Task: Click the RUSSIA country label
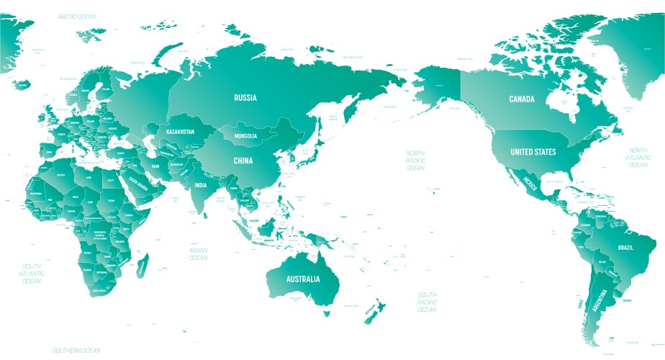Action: pyautogui.click(x=245, y=97)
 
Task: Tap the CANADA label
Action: pyautogui.click(x=522, y=99)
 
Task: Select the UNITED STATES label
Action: pyautogui.click(x=533, y=152)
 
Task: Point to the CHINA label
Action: pyautogui.click(x=242, y=161)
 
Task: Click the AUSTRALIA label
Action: pyautogui.click(x=303, y=279)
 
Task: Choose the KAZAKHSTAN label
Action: pyautogui.click(x=181, y=132)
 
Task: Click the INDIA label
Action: pyautogui.click(x=200, y=185)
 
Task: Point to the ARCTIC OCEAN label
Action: pyautogui.click(x=77, y=15)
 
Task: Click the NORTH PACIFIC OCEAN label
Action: pyautogui.click(x=415, y=161)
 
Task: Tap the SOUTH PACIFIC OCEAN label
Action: pyautogui.click(x=427, y=302)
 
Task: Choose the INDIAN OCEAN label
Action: pyautogui.click(x=198, y=253)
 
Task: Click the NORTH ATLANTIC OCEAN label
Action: pyautogui.click(x=638, y=157)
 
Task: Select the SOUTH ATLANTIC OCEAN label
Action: pyautogui.click(x=32, y=274)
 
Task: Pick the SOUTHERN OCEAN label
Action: pyautogui.click(x=76, y=350)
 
